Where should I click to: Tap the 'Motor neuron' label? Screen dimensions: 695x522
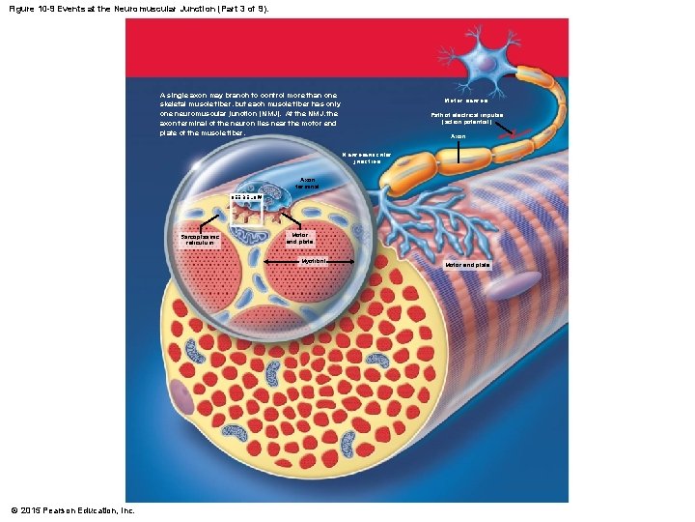pos(466,101)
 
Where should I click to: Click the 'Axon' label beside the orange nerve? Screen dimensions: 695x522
pos(459,137)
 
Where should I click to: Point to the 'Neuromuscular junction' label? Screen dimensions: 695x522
pos(368,158)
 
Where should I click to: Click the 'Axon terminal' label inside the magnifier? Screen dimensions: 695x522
pos(308,183)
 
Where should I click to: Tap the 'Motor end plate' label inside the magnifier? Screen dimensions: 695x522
pos(300,237)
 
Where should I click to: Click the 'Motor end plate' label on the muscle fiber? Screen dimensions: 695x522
pos(467,264)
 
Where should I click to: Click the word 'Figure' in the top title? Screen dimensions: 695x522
pos(22,8)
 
